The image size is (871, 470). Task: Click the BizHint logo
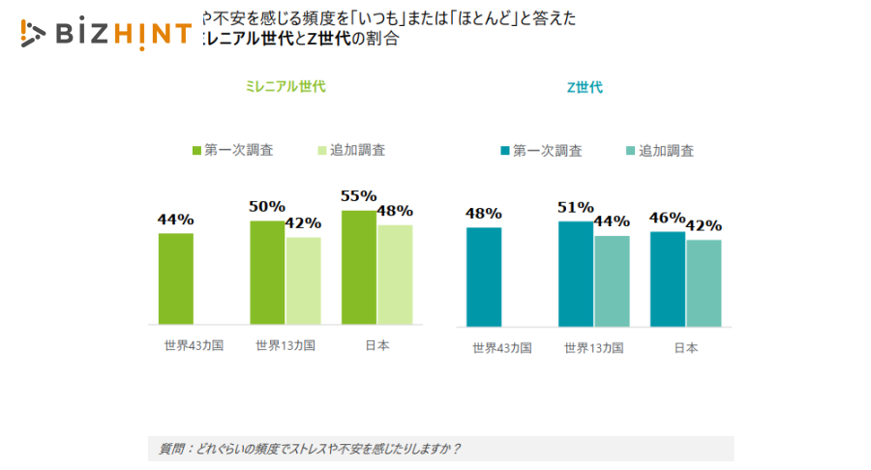[105, 34]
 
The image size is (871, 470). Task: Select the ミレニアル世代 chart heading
[285, 87]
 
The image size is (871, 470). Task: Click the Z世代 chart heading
[584, 87]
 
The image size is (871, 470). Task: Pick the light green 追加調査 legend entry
[351, 150]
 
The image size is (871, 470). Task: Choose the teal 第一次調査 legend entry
[541, 151]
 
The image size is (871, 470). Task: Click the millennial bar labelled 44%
[175, 279]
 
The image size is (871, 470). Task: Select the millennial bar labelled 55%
[358, 267]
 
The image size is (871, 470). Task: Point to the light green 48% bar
[395, 275]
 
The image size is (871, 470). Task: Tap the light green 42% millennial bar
[303, 280]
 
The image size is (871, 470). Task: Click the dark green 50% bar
[267, 272]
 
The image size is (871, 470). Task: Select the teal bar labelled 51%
[576, 274]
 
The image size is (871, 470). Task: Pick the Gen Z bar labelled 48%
[484, 277]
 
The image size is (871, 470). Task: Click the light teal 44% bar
[612, 280]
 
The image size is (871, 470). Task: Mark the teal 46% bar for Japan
[668, 279]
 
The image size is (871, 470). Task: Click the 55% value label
[358, 196]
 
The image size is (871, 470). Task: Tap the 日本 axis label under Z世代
[685, 347]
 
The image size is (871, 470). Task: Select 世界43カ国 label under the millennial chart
[194, 345]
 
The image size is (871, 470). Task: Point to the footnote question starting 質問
[310, 449]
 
